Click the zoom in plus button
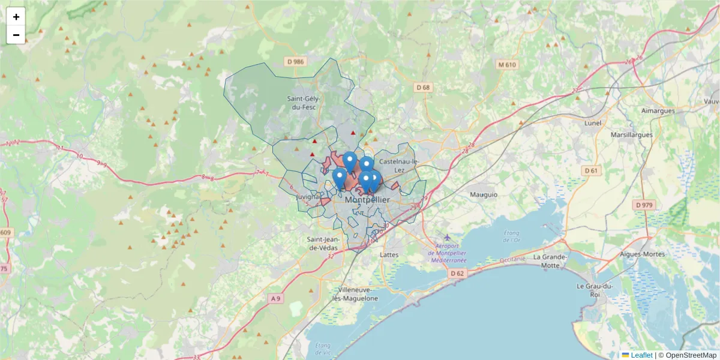point(16,17)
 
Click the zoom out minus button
point(16,35)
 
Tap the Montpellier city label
point(367,200)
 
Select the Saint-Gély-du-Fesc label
point(304,103)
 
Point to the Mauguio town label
point(484,194)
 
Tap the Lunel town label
point(592,123)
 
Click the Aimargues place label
point(658,110)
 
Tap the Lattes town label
point(389,255)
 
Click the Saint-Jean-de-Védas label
point(323,243)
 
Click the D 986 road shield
point(295,61)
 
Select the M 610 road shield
point(507,64)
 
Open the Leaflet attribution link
point(641,355)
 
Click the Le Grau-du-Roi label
point(593,290)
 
